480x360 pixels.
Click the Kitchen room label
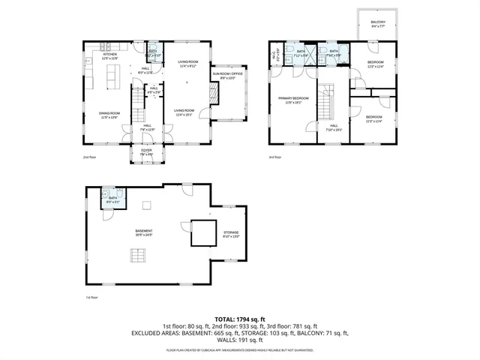[110, 55]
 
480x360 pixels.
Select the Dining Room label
[109, 115]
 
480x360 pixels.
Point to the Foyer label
[148, 152]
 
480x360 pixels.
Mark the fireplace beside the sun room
[211, 93]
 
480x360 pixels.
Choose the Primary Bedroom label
[293, 100]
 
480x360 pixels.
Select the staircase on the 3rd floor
[327, 102]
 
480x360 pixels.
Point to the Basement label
[143, 232]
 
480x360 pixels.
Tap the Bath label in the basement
[112, 199]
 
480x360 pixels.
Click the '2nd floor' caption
[91, 157]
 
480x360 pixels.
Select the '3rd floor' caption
[275, 157]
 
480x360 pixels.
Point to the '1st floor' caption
[91, 298]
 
